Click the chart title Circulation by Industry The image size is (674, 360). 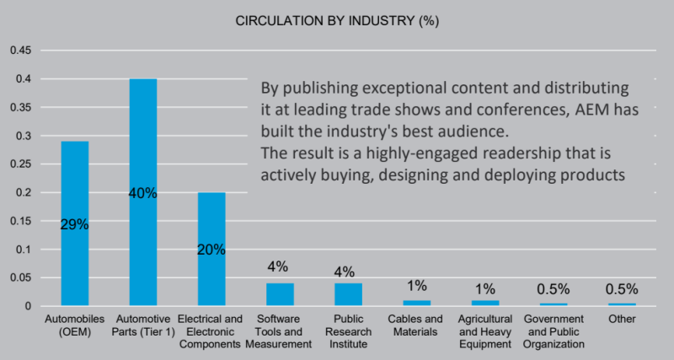point(337,19)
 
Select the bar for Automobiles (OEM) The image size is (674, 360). point(75,253)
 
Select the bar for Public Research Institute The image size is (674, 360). point(347,294)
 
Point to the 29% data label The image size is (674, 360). point(75,224)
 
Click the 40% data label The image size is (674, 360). point(142,193)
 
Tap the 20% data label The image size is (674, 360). point(211,250)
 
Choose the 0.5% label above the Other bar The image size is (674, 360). point(622,288)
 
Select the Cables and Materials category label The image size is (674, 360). point(415,325)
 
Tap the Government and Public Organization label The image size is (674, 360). point(553,331)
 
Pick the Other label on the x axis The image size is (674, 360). point(622,320)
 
